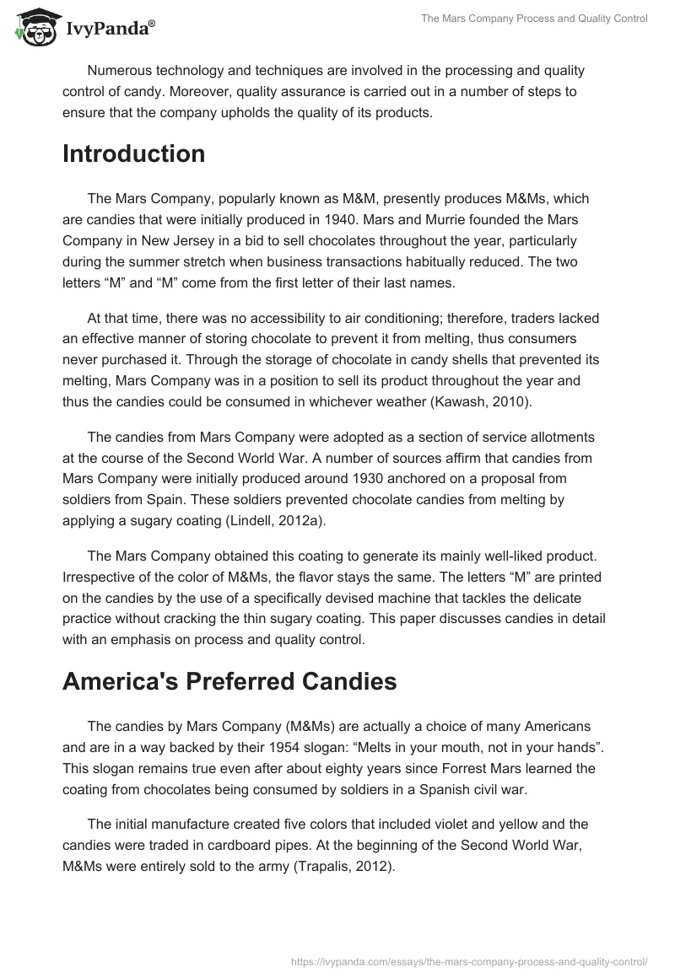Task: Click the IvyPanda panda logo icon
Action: click(32, 29)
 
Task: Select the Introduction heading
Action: click(133, 154)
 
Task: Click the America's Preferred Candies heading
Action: click(229, 682)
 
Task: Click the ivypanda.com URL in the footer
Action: click(468, 960)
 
